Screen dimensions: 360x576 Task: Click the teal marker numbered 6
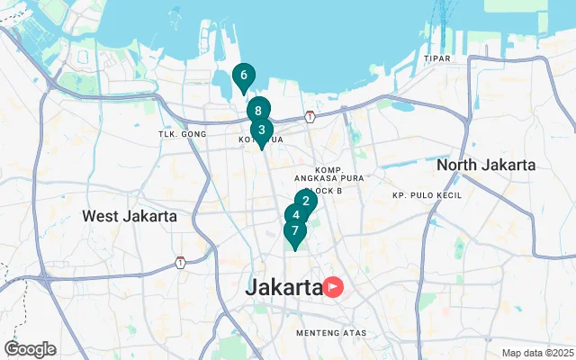tap(243, 76)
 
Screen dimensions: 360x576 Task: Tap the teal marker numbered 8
tap(258, 111)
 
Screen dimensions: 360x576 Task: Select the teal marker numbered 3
tap(262, 130)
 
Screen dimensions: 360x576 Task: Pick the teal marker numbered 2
tap(305, 202)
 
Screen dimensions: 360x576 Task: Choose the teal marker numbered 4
tap(295, 216)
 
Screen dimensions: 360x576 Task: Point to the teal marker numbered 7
tap(294, 231)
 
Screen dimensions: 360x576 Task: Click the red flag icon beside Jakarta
tap(334, 287)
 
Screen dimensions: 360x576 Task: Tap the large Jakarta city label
tap(284, 288)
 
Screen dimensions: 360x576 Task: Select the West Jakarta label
tap(129, 216)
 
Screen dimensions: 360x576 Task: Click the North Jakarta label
tap(485, 166)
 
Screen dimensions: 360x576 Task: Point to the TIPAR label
tap(436, 58)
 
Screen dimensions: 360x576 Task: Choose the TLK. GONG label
tap(183, 134)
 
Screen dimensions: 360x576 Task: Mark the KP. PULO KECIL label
tap(426, 195)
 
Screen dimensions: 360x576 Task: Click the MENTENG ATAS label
tap(332, 333)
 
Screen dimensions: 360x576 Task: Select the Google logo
tap(30, 348)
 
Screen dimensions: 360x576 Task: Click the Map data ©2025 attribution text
tap(537, 353)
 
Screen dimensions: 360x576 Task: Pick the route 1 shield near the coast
tap(310, 116)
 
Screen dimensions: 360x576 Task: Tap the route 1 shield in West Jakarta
tap(181, 263)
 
